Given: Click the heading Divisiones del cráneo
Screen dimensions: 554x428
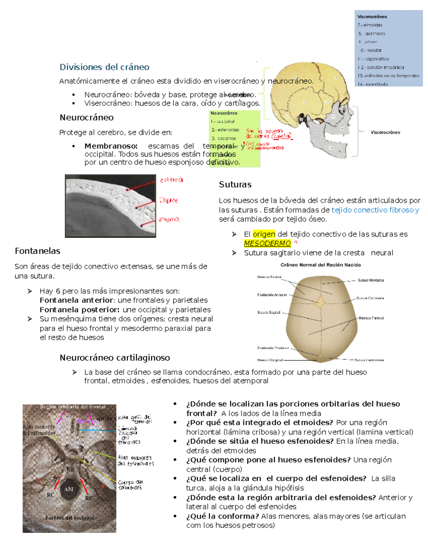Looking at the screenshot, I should coord(104,67).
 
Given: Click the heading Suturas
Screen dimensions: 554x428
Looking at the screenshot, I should coord(235,184).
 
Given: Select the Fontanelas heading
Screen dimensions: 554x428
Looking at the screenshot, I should coord(37,251).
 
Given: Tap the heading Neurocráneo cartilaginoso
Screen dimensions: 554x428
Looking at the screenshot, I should coord(114,357).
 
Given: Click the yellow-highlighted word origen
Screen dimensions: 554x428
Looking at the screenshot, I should coord(264,234).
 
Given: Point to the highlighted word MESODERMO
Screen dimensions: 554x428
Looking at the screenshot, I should coord(267,243).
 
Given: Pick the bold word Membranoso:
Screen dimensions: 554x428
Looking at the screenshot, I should coord(111,146).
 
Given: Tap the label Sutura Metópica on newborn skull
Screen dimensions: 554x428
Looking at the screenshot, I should coord(371,280).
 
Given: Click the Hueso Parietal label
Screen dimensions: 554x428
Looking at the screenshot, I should coord(371,318).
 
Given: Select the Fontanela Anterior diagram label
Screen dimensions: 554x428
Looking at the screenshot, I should coord(272,295).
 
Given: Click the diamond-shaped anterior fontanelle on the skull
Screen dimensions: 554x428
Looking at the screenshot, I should coord(321,302).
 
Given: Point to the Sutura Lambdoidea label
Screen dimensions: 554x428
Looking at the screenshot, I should coord(369,360).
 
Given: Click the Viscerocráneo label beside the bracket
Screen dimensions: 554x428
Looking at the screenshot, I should coord(385,132).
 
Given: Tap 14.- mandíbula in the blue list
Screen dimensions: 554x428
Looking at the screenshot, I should coord(373,84).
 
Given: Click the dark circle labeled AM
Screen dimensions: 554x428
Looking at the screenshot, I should coord(68,489).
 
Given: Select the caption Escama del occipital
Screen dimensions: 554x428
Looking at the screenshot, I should coord(70,518).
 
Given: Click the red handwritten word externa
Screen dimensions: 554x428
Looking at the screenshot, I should coord(171,180).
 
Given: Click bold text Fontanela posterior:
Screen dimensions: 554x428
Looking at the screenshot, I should coord(79,310).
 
